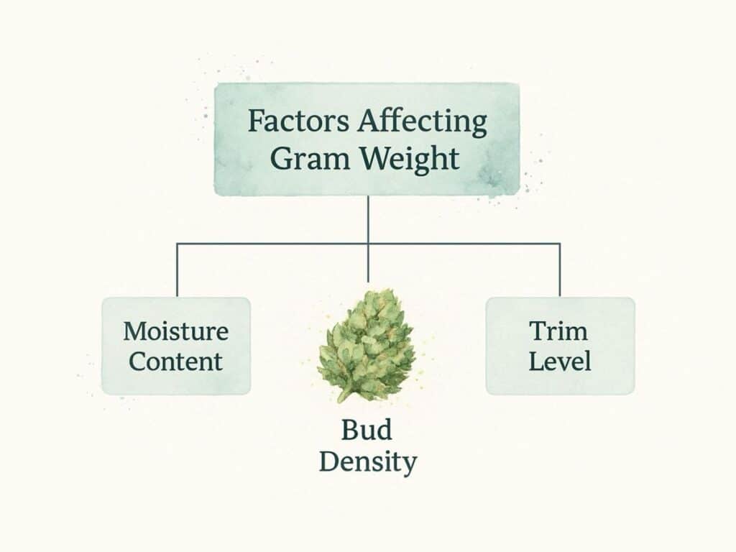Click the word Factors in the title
tap(298, 121)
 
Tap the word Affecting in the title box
tap(423, 122)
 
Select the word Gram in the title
tap(310, 160)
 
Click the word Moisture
tap(176, 331)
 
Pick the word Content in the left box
tap(175, 362)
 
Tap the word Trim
tap(558, 331)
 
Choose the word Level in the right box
tap(559, 362)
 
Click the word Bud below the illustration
tap(366, 430)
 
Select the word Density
tap(368, 462)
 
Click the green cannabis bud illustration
tap(366, 345)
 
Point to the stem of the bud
tap(344, 395)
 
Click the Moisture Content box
tap(176, 346)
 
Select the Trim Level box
tap(560, 346)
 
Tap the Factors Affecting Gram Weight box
tap(367, 139)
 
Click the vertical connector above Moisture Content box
tap(177, 270)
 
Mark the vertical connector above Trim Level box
tap(560, 270)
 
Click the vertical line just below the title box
tap(368, 219)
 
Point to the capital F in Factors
tap(255, 121)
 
